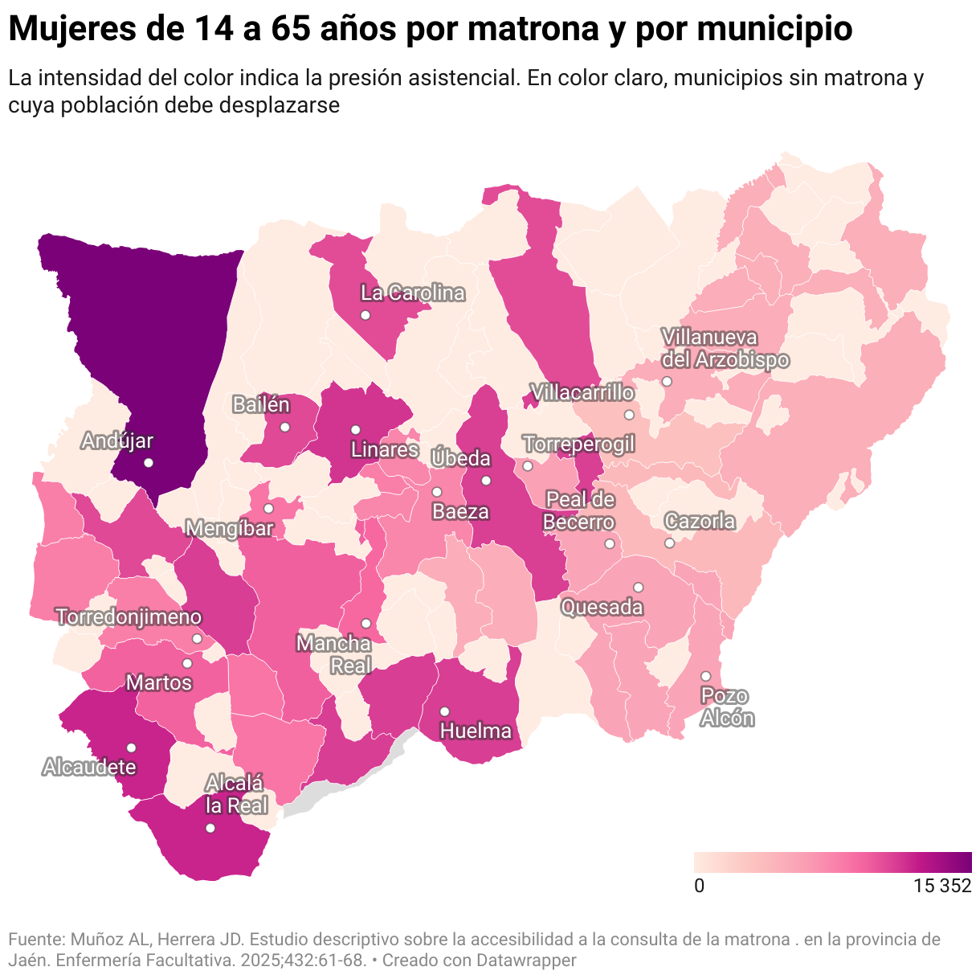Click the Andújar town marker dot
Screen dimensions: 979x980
pos(148,462)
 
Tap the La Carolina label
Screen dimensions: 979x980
pos(413,293)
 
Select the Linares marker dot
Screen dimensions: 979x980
pos(355,429)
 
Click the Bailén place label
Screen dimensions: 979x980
pos(260,404)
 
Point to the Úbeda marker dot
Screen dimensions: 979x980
pos(486,481)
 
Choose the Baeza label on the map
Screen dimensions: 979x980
pos(460,511)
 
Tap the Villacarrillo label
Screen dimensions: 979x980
pos(582,393)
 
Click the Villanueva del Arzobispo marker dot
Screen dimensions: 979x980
pos(667,381)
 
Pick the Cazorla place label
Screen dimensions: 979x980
pos(700,522)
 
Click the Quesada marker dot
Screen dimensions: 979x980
pos(638,587)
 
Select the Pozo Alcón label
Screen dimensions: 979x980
pos(725,707)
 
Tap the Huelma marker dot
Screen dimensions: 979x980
pos(444,711)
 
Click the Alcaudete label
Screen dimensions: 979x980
pos(89,767)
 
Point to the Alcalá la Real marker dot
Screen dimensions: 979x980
pos(210,828)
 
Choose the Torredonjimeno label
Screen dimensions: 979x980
pos(129,616)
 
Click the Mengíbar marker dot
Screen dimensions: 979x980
pos(268,508)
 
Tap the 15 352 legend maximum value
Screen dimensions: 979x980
pos(942,886)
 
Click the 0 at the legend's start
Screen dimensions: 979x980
pos(700,886)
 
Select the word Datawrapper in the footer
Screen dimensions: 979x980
pos(526,960)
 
